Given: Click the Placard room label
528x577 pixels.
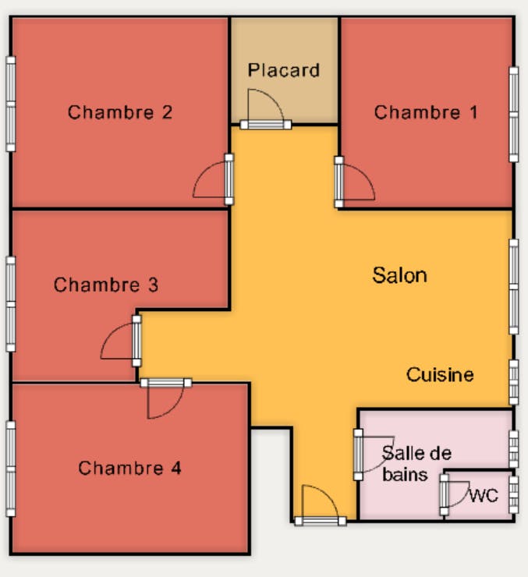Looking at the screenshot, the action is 283,70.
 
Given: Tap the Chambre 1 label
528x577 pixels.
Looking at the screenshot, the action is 426,112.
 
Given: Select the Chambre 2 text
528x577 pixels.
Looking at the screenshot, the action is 120,112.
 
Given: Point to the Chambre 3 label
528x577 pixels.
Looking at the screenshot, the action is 106,285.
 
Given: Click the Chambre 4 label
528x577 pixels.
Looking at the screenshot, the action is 130,468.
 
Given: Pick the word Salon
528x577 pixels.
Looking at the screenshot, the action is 399,275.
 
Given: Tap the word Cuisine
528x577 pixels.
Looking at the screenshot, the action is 440,374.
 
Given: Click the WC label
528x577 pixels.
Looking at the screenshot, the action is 484,496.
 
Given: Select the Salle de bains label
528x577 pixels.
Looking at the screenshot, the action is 416,464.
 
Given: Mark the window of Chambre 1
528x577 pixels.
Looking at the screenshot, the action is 514,114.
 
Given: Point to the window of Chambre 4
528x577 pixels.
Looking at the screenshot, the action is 11,469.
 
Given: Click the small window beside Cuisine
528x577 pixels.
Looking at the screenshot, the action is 514,382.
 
